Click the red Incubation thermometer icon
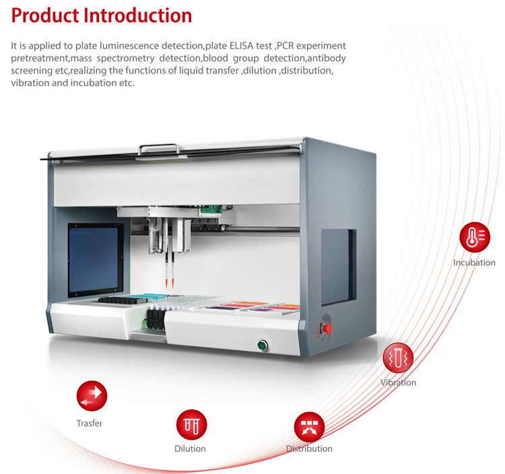(475, 237)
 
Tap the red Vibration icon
(398, 358)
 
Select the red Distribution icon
(309, 427)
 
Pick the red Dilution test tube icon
(192, 425)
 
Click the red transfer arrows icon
(92, 396)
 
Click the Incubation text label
(474, 263)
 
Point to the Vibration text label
(398, 382)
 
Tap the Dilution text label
(190, 448)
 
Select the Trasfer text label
(90, 423)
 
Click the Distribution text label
(309, 448)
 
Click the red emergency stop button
(327, 329)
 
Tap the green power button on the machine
(263, 345)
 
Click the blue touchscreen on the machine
(94, 259)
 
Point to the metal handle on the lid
(159, 149)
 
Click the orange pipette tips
(170, 283)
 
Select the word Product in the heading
(45, 15)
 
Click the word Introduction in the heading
(138, 15)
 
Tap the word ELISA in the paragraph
(241, 46)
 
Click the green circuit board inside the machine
(212, 209)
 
